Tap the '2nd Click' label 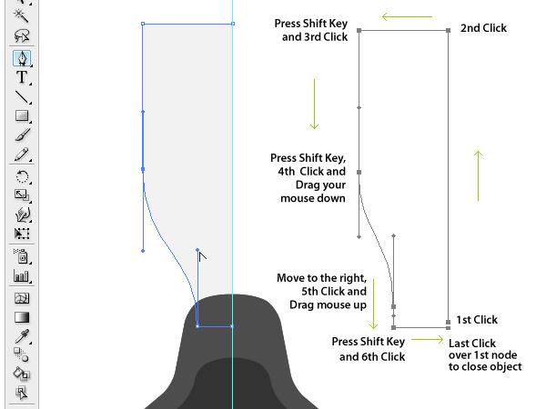483,28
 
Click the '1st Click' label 477,320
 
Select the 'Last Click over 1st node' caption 485,354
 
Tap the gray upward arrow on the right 478,175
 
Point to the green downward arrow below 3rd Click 313,104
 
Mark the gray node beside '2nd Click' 449,30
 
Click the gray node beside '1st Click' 449,323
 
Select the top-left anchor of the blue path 143,24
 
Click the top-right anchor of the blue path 233,24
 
